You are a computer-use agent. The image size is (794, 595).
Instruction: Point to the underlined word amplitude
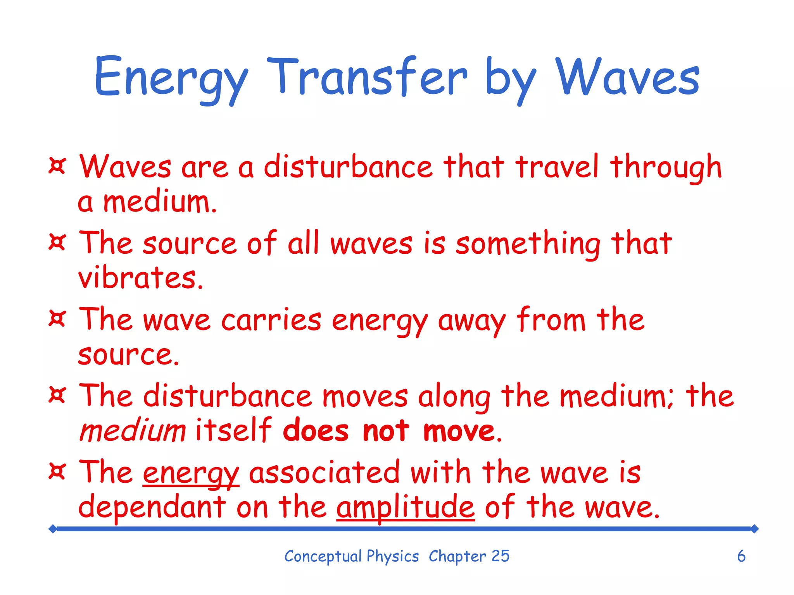(405, 507)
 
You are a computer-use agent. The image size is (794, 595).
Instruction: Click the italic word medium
(133, 431)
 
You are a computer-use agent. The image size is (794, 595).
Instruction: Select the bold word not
(386, 431)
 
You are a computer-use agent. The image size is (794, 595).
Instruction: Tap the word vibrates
(140, 278)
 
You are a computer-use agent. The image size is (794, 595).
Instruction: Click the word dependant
(152, 507)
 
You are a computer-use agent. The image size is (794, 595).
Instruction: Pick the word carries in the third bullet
(271, 320)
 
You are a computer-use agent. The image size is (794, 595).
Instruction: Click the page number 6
(741, 556)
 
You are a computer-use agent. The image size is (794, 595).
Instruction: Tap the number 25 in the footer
(500, 556)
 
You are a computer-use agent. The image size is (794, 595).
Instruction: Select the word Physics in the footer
(392, 557)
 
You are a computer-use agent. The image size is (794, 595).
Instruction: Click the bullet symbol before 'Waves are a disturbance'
(57, 166)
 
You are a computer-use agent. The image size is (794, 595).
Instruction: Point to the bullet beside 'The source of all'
(57, 242)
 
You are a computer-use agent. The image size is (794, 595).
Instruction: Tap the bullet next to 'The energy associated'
(57, 472)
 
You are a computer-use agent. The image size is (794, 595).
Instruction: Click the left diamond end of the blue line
(53, 529)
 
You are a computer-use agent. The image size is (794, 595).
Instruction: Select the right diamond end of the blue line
(754, 529)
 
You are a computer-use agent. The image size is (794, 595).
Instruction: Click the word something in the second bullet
(528, 244)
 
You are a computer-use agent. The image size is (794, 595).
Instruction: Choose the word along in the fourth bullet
(454, 397)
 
